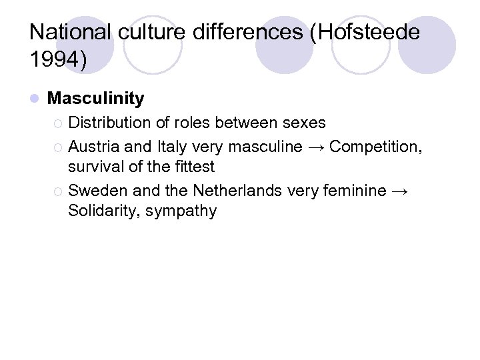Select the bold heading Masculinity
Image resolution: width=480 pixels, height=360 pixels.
(x=96, y=99)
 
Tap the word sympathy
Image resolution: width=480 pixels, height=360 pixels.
(x=186, y=212)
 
